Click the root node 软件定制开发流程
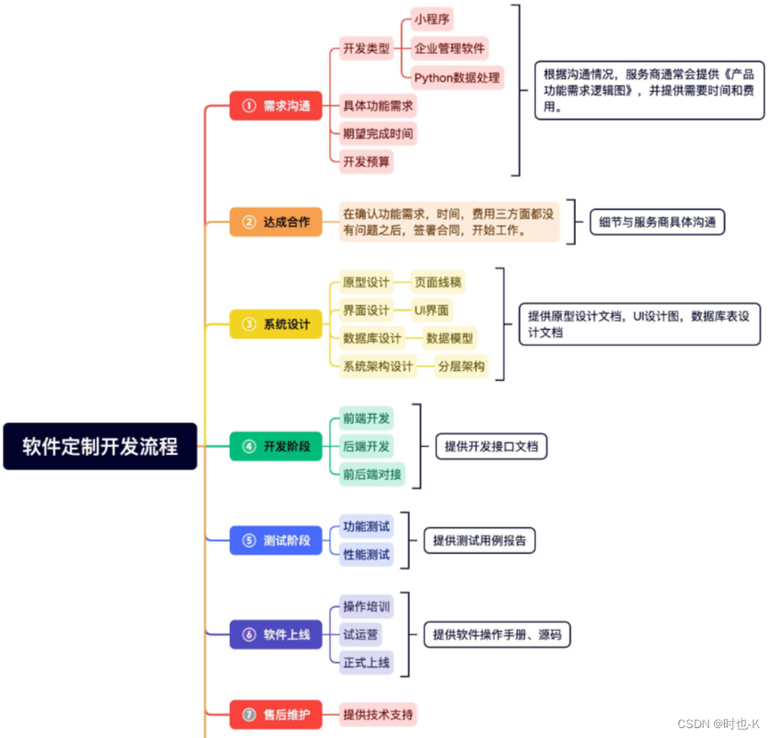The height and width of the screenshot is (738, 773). [100, 446]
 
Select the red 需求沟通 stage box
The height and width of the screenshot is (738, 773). [275, 106]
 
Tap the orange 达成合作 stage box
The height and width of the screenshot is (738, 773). [275, 221]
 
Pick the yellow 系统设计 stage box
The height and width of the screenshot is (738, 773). [275, 324]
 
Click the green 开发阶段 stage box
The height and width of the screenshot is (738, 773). [275, 446]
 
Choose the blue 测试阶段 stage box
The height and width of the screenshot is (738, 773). [275, 540]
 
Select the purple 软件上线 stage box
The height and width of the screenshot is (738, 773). [275, 634]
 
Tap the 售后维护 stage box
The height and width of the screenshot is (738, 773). [275, 714]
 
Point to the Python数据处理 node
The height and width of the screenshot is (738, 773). [456, 77]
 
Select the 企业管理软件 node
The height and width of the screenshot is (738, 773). [449, 48]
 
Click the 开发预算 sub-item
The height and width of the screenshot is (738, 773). [366, 162]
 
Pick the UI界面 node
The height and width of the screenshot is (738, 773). [432, 310]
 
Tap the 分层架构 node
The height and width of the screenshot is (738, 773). [461, 366]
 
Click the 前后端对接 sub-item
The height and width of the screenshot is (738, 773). [372, 474]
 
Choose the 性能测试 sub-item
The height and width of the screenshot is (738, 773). [366, 554]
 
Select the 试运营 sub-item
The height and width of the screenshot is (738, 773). [361, 634]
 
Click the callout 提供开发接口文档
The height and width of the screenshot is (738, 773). [491, 446]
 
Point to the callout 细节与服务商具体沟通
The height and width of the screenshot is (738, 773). [657, 221]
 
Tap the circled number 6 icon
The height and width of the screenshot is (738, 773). [249, 634]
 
